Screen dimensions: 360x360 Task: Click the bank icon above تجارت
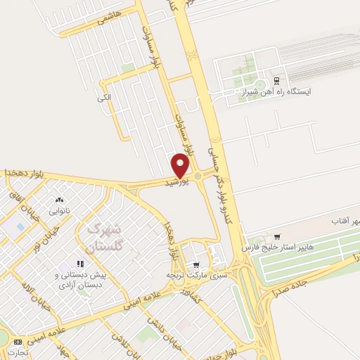18,340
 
